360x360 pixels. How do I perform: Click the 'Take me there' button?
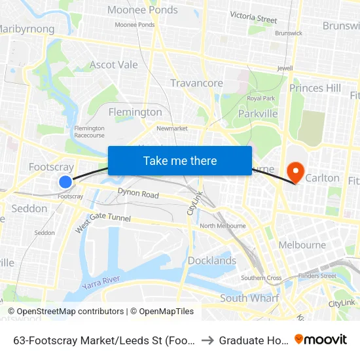click(x=180, y=160)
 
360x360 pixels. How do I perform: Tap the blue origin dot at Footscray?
click(x=65, y=182)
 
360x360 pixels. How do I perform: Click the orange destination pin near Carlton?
click(x=296, y=172)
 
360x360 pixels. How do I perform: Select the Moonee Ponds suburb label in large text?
click(x=142, y=10)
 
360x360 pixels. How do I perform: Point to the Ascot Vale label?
click(x=114, y=65)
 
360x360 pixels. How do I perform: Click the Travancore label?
click(x=196, y=83)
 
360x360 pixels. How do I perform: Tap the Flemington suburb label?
click(x=135, y=112)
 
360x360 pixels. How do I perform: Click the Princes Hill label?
click(x=315, y=88)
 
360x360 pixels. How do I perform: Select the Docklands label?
click(x=212, y=261)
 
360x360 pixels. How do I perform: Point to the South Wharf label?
click(x=249, y=298)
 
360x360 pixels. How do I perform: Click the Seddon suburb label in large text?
click(x=29, y=209)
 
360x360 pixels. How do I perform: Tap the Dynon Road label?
click(x=138, y=194)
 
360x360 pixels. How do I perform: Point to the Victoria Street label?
click(x=253, y=18)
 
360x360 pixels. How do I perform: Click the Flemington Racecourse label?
click(x=90, y=132)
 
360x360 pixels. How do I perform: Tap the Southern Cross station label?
click(x=261, y=278)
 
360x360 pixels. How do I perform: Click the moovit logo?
click(x=321, y=339)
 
